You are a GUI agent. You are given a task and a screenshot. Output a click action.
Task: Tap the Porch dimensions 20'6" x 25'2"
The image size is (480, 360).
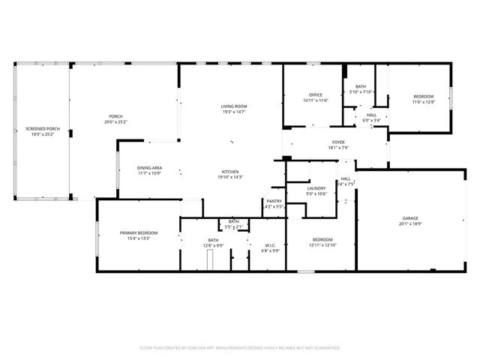[x=116, y=121]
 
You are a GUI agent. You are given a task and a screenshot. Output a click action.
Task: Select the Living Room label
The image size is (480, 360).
[x=233, y=106]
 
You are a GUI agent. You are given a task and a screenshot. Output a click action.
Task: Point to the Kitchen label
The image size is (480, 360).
[x=229, y=172]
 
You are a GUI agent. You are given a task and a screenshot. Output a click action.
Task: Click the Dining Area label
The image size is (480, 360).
[x=150, y=168]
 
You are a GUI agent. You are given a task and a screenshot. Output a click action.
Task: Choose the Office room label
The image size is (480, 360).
[x=316, y=94]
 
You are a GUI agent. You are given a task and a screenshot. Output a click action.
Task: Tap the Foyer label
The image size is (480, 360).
[x=339, y=142]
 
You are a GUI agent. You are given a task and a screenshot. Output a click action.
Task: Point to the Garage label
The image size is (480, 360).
[x=410, y=218]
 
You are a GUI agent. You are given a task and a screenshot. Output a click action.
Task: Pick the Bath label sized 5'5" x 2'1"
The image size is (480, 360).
[x=234, y=221]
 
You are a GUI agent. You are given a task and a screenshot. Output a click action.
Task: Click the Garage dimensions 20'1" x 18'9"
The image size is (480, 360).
[x=410, y=223]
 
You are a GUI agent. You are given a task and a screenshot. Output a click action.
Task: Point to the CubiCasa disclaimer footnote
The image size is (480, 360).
[x=240, y=347]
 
